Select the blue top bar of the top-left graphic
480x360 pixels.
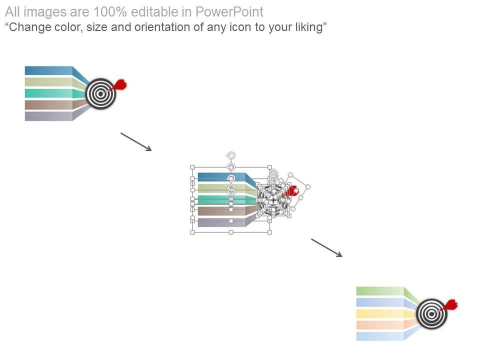tap(48, 70)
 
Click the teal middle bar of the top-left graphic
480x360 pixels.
tap(48, 93)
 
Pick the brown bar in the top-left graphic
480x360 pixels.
tap(48, 105)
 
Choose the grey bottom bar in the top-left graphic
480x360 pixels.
tap(48, 116)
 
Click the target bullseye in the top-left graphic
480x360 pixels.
tap(100, 93)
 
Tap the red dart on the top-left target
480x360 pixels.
tap(119, 85)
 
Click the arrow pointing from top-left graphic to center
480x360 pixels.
tap(136, 141)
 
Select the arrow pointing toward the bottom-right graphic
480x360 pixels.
tap(327, 248)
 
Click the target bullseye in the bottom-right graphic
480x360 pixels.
tap(431, 313)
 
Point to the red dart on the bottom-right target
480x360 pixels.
tap(450, 304)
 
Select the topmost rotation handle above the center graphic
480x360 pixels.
tap(230, 155)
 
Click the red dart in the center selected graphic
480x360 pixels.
tap(291, 191)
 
